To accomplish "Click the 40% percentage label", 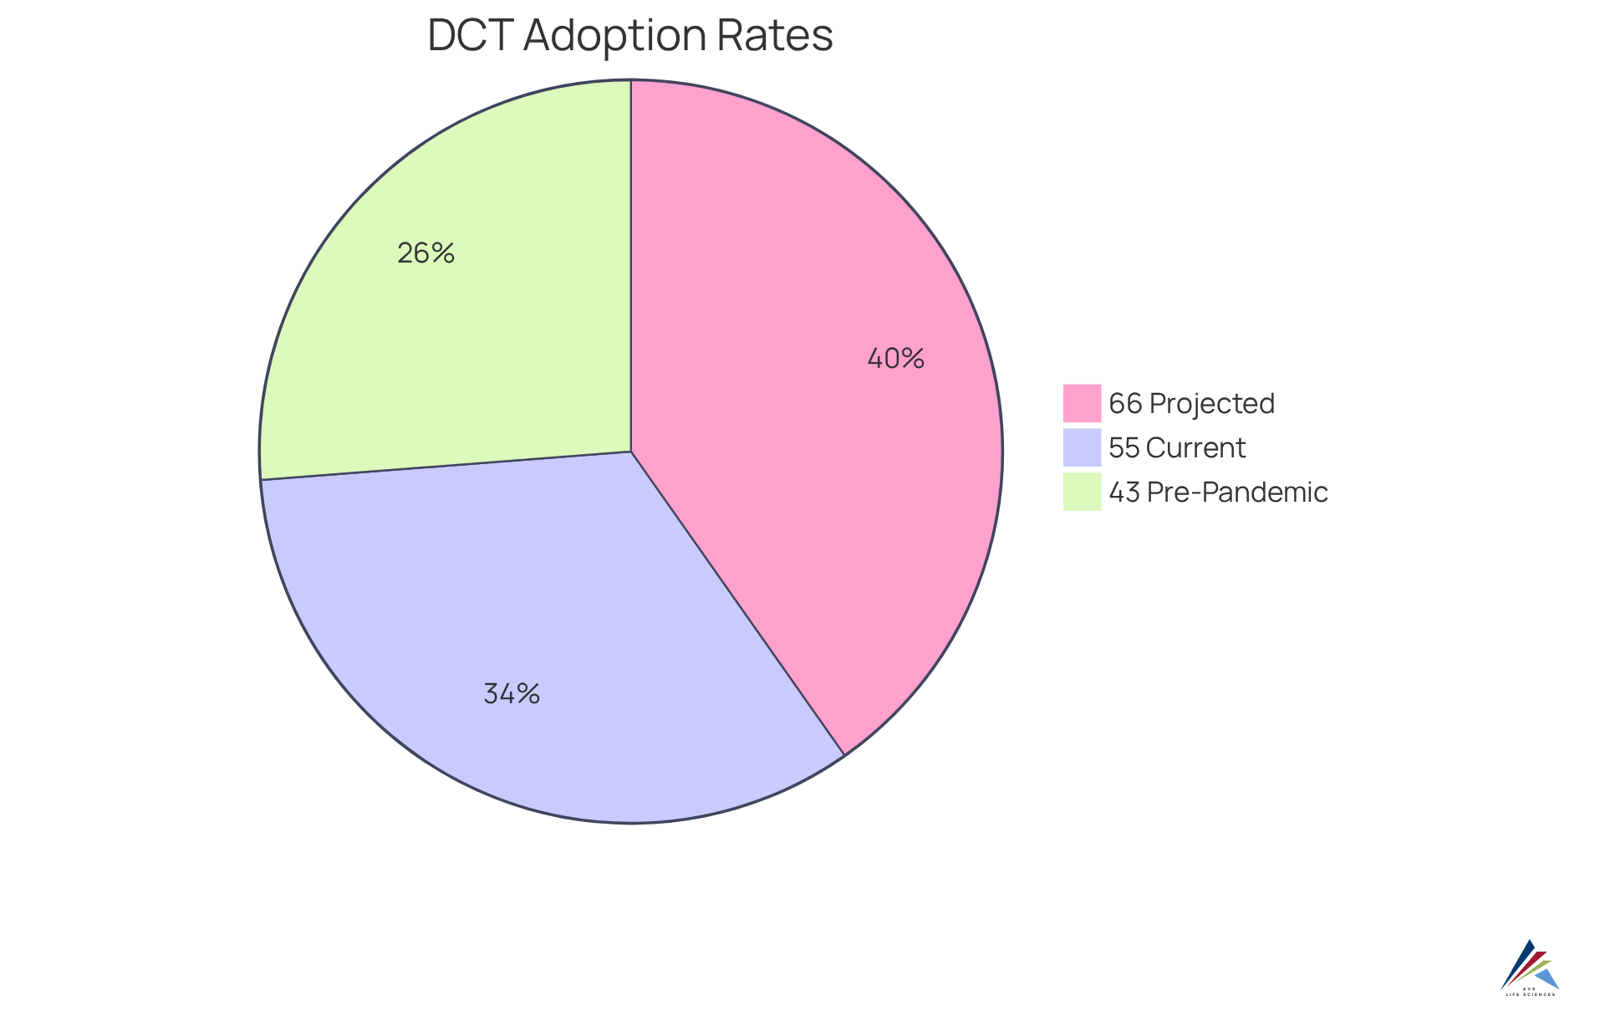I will tap(895, 359).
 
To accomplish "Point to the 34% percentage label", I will tap(512, 694).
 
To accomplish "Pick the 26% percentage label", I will tap(425, 253).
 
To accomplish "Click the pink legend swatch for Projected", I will tap(1082, 403).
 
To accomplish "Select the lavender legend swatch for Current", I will tap(1082, 447).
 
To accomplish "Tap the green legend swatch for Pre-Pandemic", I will tap(1082, 492).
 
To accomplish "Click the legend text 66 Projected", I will tap(1191, 404).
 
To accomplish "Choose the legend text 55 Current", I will tap(1177, 448).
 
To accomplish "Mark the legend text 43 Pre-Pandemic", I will tap(1218, 493).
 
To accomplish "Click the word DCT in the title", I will tap(471, 36).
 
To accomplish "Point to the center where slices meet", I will tap(631, 452).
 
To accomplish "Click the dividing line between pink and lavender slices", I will tap(738, 604).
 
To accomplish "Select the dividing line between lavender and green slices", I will tap(446, 466).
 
